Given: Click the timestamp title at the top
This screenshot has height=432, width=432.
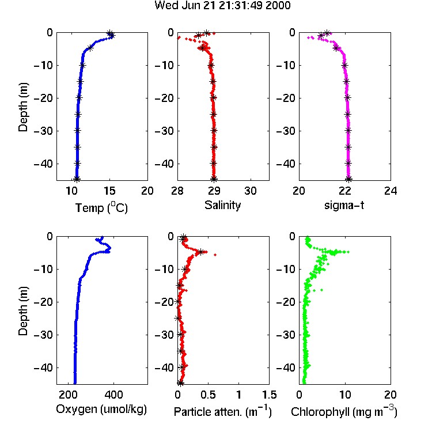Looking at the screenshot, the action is [x=222, y=6].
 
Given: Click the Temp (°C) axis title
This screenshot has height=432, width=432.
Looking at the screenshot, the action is [x=101, y=208].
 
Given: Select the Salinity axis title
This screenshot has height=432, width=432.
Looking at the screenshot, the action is [x=222, y=205].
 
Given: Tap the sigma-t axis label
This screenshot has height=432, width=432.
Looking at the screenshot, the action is [x=344, y=205].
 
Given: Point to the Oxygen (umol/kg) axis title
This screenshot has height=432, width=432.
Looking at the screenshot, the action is [x=101, y=410].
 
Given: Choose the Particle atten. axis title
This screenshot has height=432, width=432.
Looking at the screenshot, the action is [x=223, y=412].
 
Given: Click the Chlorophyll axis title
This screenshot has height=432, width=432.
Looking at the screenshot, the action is [x=344, y=412].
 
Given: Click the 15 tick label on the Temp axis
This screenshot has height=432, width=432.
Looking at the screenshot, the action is [x=109, y=191].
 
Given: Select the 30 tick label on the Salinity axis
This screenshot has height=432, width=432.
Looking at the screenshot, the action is [x=251, y=191].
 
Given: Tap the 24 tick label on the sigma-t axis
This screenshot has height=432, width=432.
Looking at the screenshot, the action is [x=391, y=191].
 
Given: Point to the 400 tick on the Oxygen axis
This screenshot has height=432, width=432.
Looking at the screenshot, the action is [x=114, y=395].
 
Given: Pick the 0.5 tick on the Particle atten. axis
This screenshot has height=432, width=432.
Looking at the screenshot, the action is [x=208, y=395].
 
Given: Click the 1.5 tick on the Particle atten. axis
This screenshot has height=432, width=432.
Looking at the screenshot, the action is [x=270, y=395].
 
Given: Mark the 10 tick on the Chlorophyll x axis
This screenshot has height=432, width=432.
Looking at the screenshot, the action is [x=344, y=395].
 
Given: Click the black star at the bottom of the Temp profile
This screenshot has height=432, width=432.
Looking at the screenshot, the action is [x=77, y=179].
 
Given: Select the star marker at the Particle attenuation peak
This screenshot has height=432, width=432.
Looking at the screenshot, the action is [x=201, y=252].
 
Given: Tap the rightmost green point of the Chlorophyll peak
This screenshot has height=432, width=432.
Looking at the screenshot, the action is [x=348, y=252].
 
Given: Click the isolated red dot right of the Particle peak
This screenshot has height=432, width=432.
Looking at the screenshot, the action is [x=215, y=255].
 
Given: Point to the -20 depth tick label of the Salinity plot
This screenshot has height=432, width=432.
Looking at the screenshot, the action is [x=164, y=98].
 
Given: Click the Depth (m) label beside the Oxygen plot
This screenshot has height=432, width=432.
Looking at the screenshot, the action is [x=23, y=311].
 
